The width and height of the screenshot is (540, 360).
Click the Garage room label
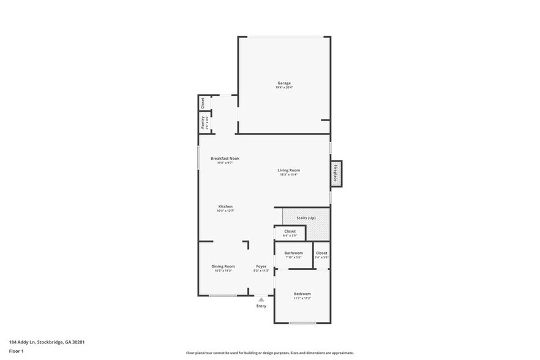(283, 83)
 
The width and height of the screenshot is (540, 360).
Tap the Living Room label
(288, 170)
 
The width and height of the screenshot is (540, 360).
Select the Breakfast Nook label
(225, 158)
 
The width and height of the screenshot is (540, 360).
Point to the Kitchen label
(225, 206)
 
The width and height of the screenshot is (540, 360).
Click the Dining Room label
(223, 266)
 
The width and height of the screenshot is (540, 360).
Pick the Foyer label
(261, 266)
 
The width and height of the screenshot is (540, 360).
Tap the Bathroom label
(293, 253)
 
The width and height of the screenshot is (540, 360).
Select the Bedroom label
(302, 294)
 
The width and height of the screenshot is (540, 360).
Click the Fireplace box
(336, 173)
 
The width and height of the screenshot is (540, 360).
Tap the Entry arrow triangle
(261, 299)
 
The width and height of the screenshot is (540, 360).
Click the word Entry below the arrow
(261, 306)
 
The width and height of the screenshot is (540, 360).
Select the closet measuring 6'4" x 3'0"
(290, 233)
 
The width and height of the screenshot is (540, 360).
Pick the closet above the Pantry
(203, 102)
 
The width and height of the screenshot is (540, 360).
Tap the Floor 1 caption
(16, 351)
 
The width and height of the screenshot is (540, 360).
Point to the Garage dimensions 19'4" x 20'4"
(283, 88)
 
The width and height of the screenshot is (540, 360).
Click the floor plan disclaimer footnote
(269, 353)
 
